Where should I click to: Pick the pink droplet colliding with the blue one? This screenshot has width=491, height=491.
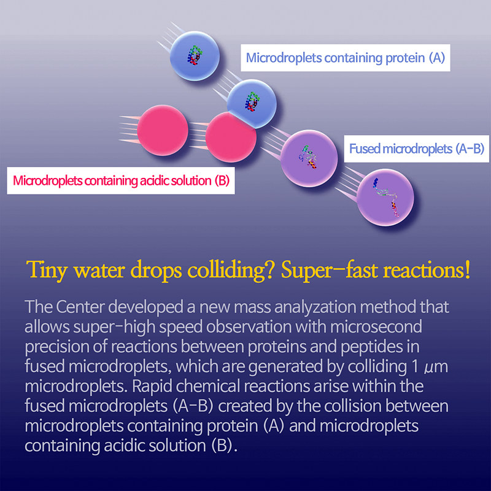[x=230, y=136]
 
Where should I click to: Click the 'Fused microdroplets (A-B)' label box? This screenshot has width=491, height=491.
[x=417, y=149]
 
